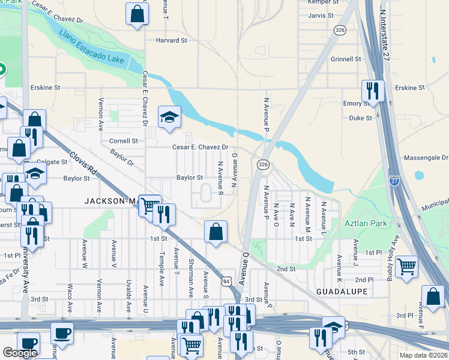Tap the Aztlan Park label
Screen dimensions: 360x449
(x=366, y=223)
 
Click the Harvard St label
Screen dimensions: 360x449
(x=172, y=40)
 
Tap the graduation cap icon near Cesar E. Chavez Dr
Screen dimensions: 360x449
(x=169, y=117)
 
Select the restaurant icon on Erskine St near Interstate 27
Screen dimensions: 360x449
(x=373, y=91)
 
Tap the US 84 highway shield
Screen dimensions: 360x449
(x=226, y=281)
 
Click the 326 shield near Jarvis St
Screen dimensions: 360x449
(x=340, y=30)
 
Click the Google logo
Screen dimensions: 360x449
(x=20, y=353)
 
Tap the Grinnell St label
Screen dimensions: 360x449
(x=345, y=59)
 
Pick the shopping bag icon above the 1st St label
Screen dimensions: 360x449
(x=215, y=232)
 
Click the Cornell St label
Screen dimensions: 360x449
(x=124, y=141)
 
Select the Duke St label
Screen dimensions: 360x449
(x=361, y=118)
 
